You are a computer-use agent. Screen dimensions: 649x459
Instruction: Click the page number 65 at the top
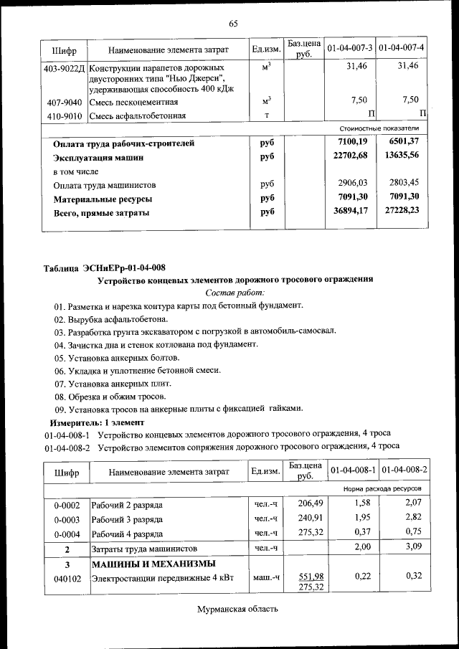pyautogui.click(x=233, y=24)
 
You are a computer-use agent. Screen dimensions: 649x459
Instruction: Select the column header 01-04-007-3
pyautogui.click(x=350, y=49)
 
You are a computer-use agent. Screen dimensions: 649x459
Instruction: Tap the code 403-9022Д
pyautogui.click(x=65, y=67)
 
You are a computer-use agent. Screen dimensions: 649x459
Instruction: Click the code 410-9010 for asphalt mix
pyautogui.click(x=65, y=115)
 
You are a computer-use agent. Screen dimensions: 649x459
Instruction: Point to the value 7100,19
pyautogui.click(x=352, y=143)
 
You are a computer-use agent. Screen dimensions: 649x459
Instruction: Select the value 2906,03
pyautogui.click(x=352, y=184)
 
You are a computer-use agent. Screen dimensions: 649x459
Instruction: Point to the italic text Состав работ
pyautogui.click(x=235, y=293)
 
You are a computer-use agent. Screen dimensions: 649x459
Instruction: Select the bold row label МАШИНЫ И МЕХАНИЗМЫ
pyautogui.click(x=153, y=563)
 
